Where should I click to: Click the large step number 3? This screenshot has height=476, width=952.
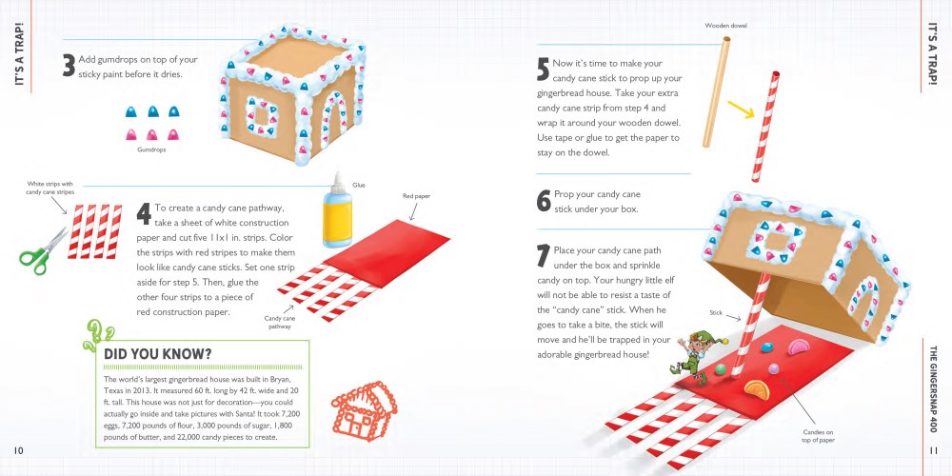(x=69, y=66)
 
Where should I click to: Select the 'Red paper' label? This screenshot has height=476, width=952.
(x=417, y=196)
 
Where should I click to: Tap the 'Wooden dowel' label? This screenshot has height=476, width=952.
(x=725, y=24)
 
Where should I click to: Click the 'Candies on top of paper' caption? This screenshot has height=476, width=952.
(x=817, y=436)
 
